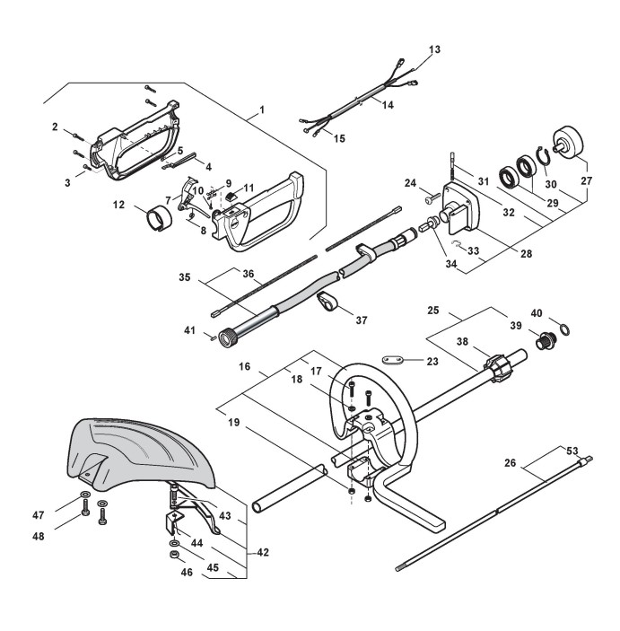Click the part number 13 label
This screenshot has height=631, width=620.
pos(435,50)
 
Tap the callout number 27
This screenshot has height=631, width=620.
pos(589,180)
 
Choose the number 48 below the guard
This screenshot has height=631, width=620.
pos(64,536)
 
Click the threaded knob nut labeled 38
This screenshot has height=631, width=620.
pos(496,368)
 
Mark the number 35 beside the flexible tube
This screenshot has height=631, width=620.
pos(185,278)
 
